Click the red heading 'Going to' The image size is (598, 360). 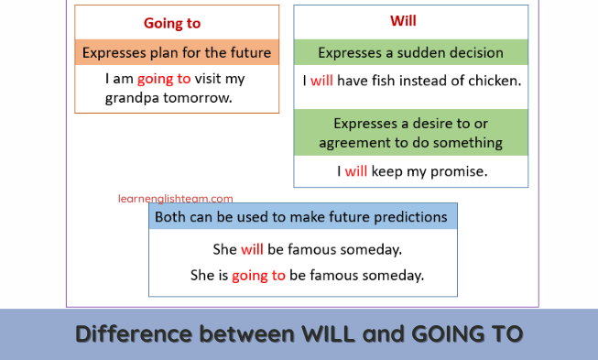pyautogui.click(x=172, y=23)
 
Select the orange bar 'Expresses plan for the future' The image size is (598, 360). pyautogui.click(x=177, y=52)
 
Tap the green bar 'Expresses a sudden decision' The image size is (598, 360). pyautogui.click(x=410, y=52)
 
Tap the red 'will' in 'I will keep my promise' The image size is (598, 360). pyautogui.click(x=355, y=170)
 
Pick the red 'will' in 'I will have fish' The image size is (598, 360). pyautogui.click(x=321, y=80)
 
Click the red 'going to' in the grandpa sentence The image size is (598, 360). pyautogui.click(x=164, y=79)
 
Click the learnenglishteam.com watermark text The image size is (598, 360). pyautogui.click(x=175, y=198)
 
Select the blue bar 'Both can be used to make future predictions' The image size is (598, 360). pyautogui.click(x=301, y=217)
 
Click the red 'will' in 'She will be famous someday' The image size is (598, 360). pyautogui.click(x=252, y=249)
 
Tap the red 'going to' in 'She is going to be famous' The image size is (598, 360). pyautogui.click(x=258, y=275)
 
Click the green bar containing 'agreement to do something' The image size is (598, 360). pyautogui.click(x=410, y=133)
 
